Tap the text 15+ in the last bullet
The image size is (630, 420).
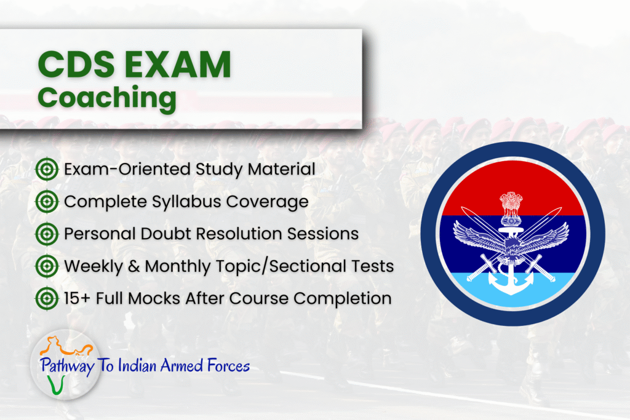[x=79, y=299]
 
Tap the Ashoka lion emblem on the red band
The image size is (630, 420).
[x=510, y=208]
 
